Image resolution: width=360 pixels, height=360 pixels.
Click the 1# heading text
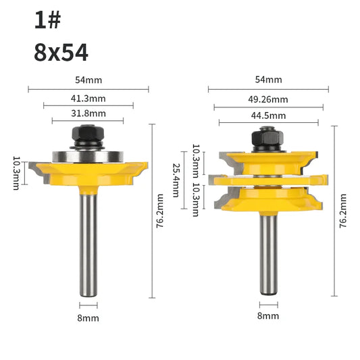47,20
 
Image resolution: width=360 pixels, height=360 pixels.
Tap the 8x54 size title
61,53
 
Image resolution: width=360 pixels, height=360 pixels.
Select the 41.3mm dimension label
88,99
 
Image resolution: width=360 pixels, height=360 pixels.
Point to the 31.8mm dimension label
88,113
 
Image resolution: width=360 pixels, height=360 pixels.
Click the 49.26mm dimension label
268,99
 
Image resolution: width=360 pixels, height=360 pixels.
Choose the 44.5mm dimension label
268,115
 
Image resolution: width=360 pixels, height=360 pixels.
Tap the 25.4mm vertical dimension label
176,180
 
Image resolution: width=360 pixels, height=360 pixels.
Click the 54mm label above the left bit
88,80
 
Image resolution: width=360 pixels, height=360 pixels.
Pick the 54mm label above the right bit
268,80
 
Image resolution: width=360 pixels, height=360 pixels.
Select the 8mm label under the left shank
88,318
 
